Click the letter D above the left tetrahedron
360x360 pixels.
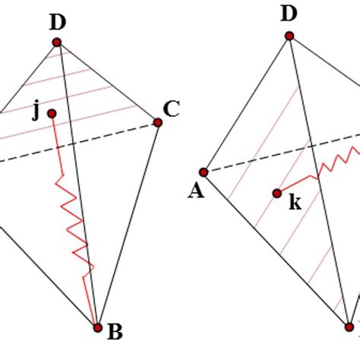point(58,23)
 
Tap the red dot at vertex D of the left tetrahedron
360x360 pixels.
point(57,43)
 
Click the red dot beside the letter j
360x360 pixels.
point(52,114)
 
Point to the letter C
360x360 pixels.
point(172,109)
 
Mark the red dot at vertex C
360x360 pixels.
point(158,122)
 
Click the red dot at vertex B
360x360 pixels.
point(97,327)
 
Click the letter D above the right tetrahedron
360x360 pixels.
point(288,14)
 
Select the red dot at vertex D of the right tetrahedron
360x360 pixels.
point(289,35)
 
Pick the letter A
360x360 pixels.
point(196,191)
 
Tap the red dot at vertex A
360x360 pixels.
point(204,172)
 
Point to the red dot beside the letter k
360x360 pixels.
point(277,193)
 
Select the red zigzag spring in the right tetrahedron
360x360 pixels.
point(338,160)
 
